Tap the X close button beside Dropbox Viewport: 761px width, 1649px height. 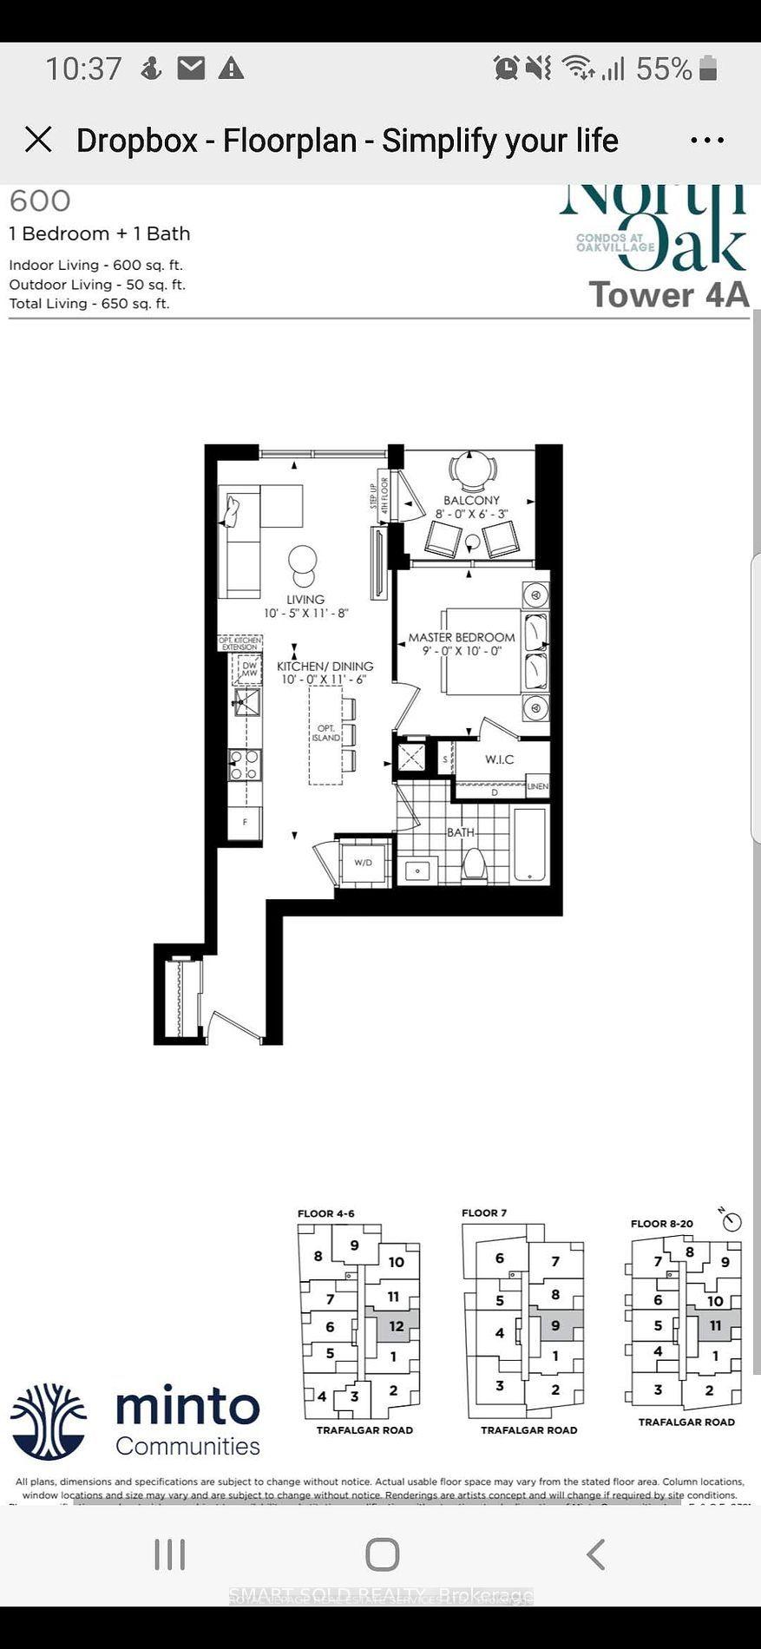(38, 140)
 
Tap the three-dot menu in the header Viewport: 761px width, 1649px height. (707, 140)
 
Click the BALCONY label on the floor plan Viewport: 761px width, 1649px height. (471, 500)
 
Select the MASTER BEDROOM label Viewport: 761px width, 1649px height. (462, 638)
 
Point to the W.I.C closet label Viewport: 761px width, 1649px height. (499, 759)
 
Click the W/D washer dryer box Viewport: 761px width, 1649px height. (363, 862)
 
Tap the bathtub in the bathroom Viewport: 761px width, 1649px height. (530, 845)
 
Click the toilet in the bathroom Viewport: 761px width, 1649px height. (474, 864)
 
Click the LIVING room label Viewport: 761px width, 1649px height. (305, 600)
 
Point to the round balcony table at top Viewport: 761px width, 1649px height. (473, 470)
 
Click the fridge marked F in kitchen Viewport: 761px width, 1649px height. (245, 822)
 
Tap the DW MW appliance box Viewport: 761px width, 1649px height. (249, 669)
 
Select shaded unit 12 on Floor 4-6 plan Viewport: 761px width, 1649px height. (396, 1326)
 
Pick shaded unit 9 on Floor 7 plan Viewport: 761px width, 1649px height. (555, 1326)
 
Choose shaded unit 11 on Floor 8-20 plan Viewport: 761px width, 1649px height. (715, 1325)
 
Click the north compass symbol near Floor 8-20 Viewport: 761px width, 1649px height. (732, 1221)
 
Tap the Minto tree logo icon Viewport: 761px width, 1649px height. (49, 1421)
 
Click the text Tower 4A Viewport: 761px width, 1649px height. (668, 295)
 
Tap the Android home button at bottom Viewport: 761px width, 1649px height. (382, 1554)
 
